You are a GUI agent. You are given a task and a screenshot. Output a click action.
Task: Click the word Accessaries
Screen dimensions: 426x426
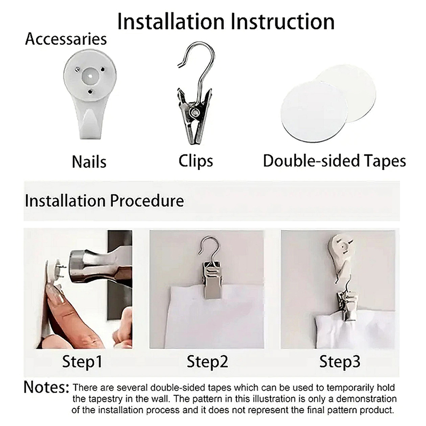tap(66, 39)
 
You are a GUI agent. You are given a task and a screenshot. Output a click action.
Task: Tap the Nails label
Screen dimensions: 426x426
tap(89, 162)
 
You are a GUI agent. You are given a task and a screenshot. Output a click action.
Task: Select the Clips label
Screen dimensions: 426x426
tap(196, 161)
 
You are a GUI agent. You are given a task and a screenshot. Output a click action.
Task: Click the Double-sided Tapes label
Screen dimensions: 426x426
tap(334, 161)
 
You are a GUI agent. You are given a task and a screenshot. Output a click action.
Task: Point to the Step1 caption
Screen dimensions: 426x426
tap(82, 362)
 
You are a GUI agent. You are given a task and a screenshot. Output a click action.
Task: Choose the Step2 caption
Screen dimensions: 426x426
tap(207, 362)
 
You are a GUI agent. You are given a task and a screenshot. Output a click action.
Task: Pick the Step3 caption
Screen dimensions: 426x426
tap(340, 362)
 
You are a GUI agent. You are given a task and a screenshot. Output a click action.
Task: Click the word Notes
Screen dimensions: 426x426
tap(46, 387)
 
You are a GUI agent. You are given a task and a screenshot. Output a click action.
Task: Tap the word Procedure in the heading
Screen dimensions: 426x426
tap(147, 201)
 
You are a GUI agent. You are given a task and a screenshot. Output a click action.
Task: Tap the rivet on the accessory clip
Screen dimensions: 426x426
tap(194, 112)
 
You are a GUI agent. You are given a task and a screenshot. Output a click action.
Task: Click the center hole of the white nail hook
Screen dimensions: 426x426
tap(89, 76)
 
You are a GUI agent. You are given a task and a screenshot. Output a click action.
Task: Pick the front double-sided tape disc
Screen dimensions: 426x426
tap(314, 111)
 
